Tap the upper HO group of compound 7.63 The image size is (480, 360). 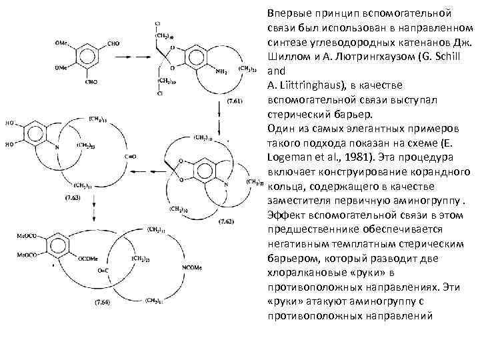[x=12, y=123]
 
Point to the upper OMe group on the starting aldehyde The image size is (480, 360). [x=61, y=44]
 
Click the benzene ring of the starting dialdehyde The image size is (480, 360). [x=87, y=57]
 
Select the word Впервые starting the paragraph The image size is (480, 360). [x=289, y=13]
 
